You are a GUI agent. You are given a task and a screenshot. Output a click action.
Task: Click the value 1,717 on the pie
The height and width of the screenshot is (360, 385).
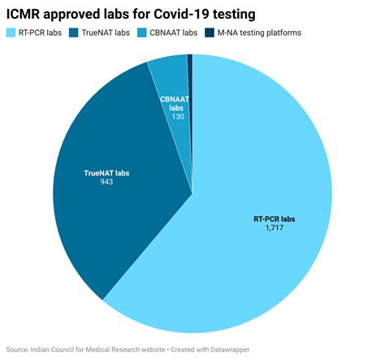(273, 228)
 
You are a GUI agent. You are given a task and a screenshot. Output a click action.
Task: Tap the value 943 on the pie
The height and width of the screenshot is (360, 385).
(106, 182)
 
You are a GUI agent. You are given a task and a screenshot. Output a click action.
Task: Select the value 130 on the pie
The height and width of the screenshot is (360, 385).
(177, 117)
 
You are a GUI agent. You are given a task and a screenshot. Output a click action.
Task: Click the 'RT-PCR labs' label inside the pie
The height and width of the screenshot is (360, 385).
(274, 219)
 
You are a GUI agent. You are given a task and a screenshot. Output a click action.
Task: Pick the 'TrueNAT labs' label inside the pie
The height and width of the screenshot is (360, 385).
(107, 172)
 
